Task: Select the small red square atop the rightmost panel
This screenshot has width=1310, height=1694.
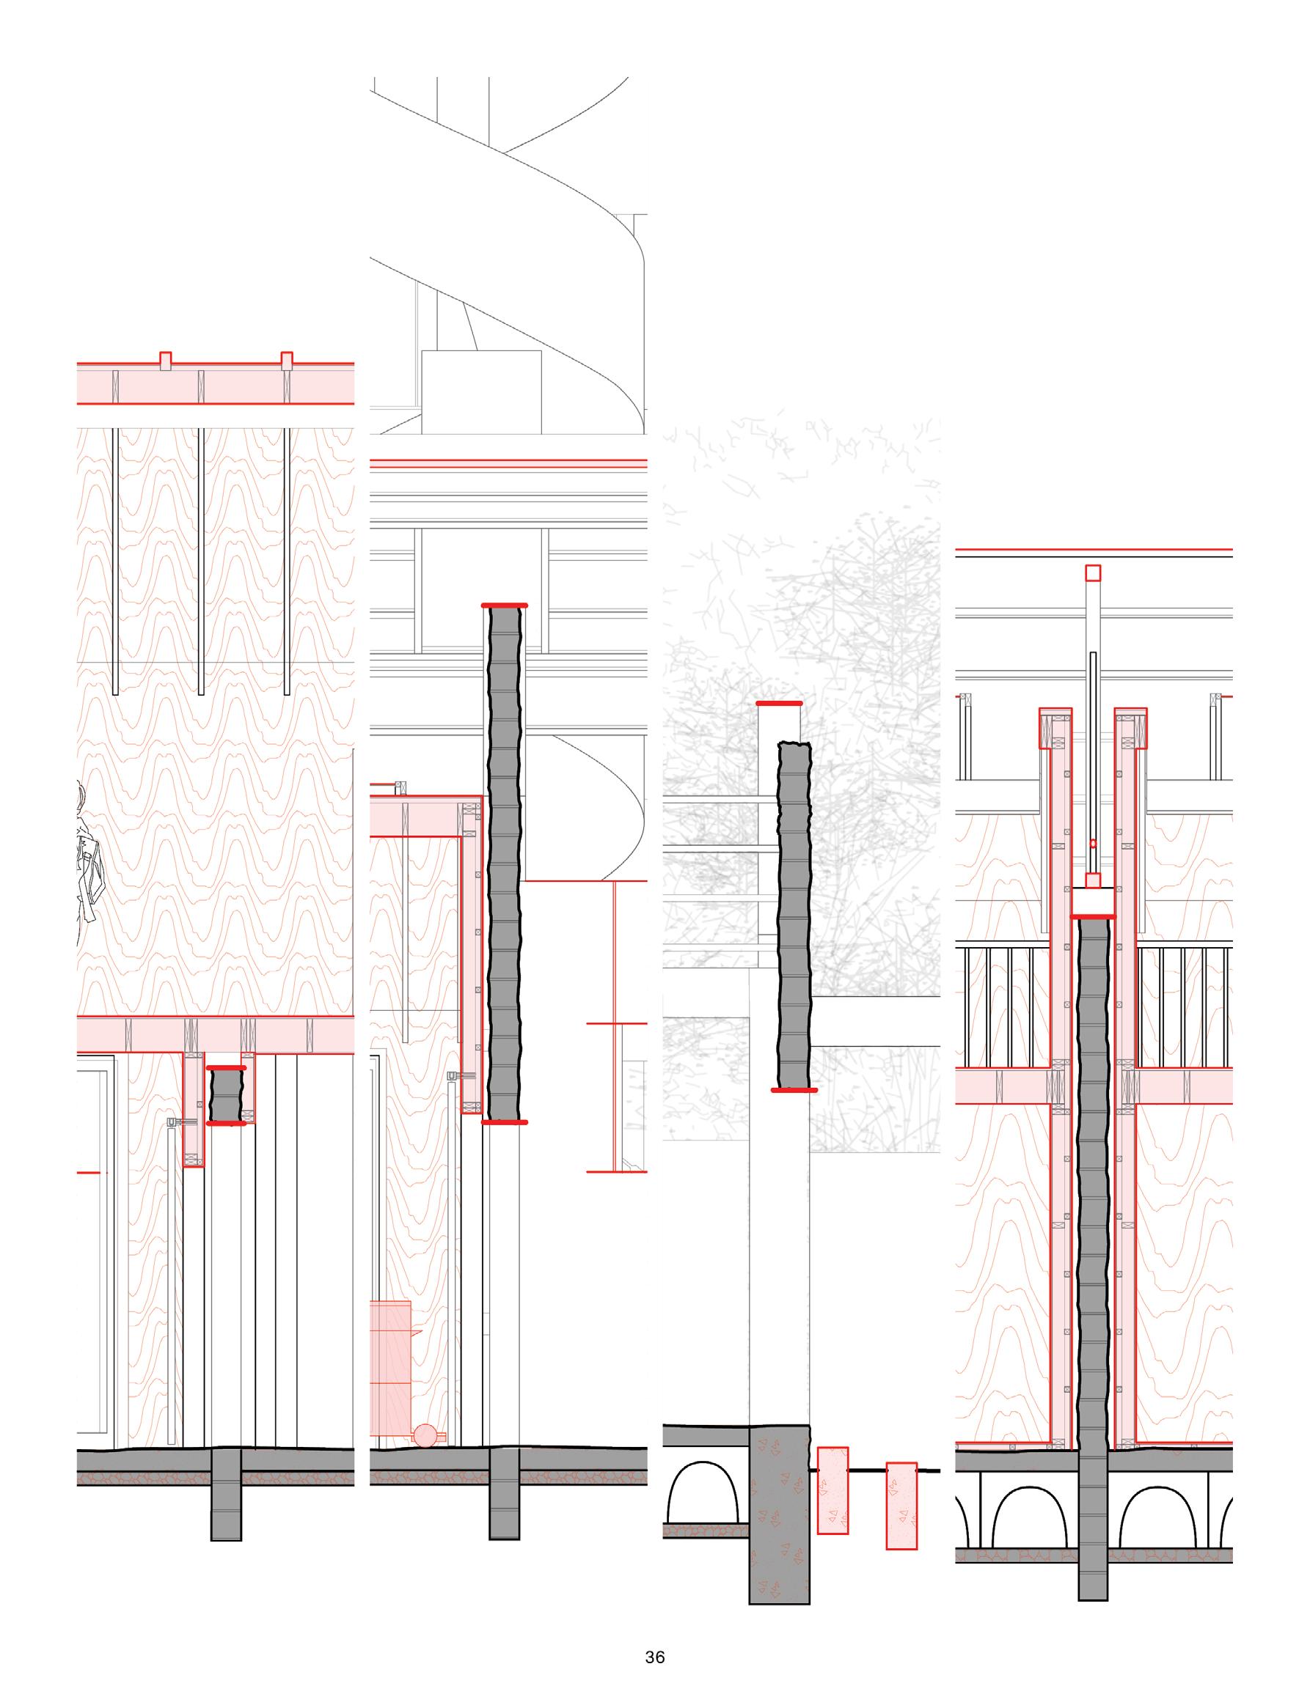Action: point(1093,573)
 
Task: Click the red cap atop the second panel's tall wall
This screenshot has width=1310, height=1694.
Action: point(505,605)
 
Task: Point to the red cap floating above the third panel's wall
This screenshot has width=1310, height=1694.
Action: point(779,704)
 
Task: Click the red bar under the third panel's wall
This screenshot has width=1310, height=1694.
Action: point(794,1091)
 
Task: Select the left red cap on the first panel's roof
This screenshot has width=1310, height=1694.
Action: point(164,361)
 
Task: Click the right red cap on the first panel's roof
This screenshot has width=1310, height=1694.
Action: point(287,361)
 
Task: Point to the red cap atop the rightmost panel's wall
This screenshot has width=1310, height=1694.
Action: point(1093,917)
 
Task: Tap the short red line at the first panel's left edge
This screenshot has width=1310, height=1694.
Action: point(89,1173)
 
